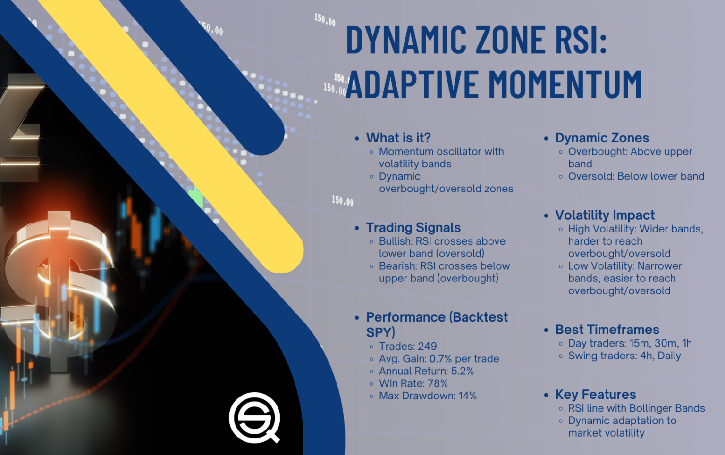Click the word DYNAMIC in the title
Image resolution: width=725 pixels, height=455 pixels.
406,40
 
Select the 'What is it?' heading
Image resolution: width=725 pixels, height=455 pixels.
398,138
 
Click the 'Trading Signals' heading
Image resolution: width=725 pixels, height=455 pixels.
413,227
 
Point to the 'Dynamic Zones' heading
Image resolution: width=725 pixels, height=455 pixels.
602,138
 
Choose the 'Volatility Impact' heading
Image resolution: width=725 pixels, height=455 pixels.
605,215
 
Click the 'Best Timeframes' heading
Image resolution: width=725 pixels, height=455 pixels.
607,329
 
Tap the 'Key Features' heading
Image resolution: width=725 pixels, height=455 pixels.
595,394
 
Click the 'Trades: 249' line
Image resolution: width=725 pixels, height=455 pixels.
408,346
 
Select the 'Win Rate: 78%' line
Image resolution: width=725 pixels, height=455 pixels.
413,383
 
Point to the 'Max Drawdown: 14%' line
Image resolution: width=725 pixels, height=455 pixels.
428,396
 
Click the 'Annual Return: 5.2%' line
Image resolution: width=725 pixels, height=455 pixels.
426,371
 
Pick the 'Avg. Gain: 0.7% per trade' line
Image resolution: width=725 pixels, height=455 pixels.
439,358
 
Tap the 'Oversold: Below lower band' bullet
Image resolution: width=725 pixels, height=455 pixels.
636,176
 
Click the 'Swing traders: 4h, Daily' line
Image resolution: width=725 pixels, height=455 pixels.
624,356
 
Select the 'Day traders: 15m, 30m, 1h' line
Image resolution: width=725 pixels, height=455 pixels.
630,343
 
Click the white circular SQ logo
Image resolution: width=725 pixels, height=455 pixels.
254,417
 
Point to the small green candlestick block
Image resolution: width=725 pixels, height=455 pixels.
196,198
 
